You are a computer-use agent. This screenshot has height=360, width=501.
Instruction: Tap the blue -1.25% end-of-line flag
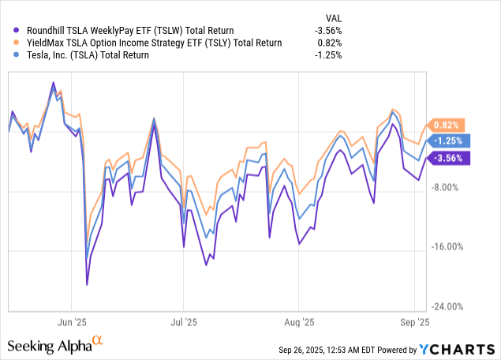448,141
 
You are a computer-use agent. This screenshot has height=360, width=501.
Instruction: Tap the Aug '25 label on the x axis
299,322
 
